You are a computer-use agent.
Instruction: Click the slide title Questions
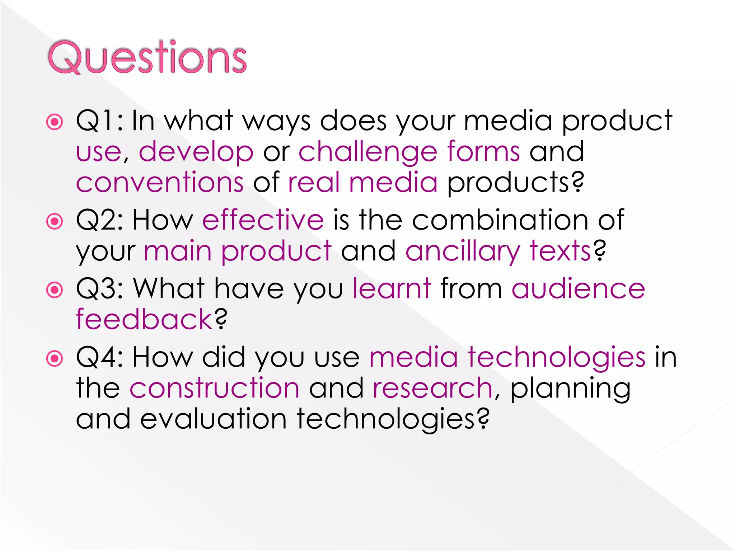147,57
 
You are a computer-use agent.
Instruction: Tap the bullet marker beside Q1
55,122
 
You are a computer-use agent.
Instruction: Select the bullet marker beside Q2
55,221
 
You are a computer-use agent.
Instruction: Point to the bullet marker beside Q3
55,289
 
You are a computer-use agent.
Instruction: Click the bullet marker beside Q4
55,358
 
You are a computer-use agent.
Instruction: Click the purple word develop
196,152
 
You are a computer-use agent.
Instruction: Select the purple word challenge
368,152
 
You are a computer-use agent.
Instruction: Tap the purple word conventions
160,183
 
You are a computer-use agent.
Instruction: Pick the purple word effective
263,220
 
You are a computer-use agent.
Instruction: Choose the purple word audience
578,289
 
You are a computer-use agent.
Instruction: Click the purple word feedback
145,319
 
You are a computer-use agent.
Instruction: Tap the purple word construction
214,388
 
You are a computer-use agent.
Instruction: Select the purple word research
432,388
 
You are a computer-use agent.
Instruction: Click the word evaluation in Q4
213,419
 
